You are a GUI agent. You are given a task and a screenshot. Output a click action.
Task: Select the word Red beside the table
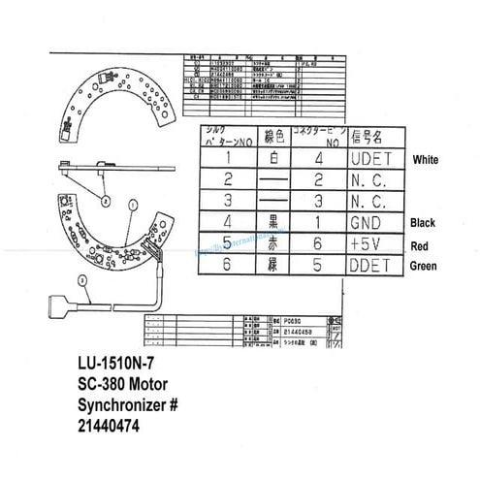point(421,246)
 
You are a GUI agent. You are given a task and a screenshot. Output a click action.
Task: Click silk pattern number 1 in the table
point(225,158)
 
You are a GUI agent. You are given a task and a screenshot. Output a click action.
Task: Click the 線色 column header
point(272,136)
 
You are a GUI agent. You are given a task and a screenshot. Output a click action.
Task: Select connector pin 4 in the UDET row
point(318,158)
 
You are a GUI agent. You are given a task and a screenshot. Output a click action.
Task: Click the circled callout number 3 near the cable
point(84,282)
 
